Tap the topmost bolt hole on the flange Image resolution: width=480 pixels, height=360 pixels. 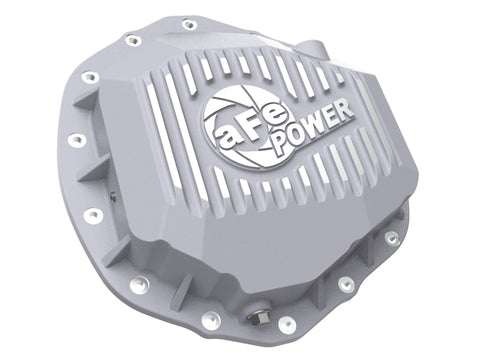coord(190,23)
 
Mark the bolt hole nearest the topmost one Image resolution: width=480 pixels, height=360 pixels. coord(131,42)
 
